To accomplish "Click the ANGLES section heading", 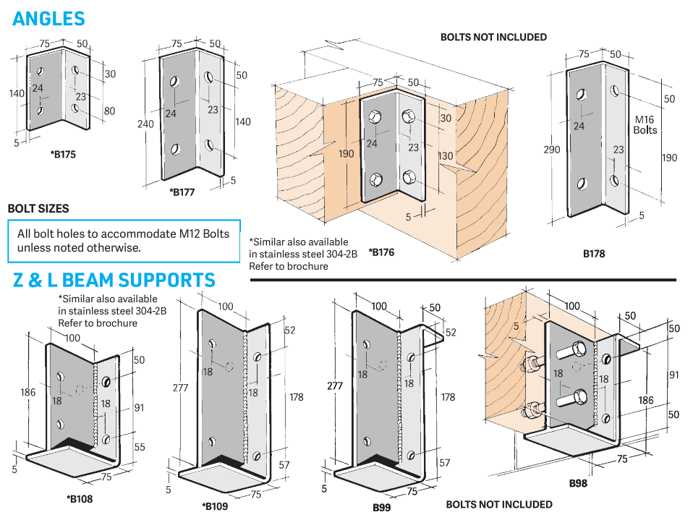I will pos(48,19).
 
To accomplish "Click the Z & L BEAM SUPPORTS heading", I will pos(114,280).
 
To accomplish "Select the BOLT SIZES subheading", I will pos(38,208).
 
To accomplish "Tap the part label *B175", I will pos(63,154).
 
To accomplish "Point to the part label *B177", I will pos(182,192).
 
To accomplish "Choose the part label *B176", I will pos(380,252).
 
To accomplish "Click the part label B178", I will pos(594,254).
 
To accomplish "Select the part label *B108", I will pos(80,498).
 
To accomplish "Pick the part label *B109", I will pos(214,506).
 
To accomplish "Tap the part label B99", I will pos(382,507).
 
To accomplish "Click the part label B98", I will pos(578,483).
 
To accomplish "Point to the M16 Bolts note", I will pos(645,124).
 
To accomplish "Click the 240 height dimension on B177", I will pos(145,124).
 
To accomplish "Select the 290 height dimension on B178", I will pos(552,150).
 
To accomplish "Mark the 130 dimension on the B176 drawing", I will pos(446,156).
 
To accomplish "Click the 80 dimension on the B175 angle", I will pos(109,111).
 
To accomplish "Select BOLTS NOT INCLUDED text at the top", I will pos(493,37).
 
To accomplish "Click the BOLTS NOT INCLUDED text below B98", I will pos(498,504).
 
